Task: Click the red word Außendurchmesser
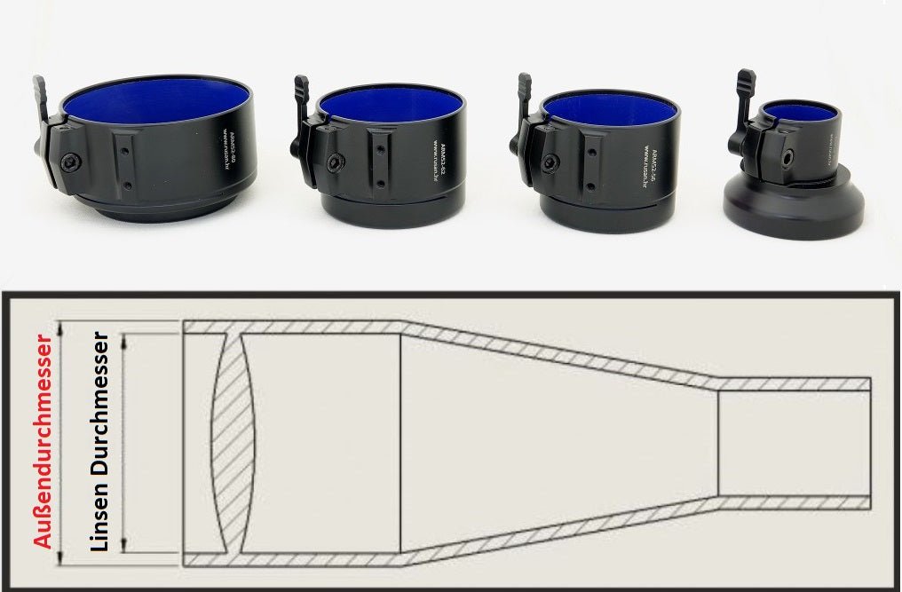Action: point(43,440)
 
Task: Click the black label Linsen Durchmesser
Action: point(99,441)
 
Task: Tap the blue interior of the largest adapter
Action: point(152,99)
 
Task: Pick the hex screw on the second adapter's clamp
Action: point(333,163)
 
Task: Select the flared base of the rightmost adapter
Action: point(792,209)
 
